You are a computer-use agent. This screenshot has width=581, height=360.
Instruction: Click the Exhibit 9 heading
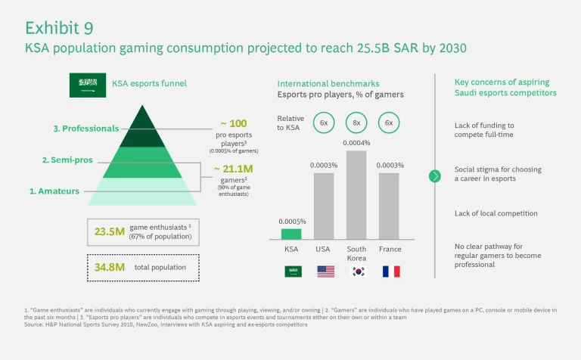point(59,28)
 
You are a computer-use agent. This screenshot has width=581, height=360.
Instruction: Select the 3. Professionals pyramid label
point(86,129)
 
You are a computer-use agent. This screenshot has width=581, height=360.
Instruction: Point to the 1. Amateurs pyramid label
point(54,191)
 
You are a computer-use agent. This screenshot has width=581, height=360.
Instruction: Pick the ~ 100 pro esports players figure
point(234,123)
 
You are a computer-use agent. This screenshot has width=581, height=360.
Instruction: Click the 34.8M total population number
point(109,266)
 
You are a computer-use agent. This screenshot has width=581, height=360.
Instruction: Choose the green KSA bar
point(291,234)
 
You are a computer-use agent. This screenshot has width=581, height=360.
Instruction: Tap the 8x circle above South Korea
point(357,123)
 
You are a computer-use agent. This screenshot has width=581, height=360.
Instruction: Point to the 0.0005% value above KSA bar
point(292,221)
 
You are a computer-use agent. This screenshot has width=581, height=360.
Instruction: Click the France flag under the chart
point(390,271)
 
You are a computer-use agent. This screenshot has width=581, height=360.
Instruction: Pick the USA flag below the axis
point(325,271)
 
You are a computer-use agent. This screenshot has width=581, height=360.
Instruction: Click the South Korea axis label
point(357,253)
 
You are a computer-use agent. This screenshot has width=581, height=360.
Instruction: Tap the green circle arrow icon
point(435,176)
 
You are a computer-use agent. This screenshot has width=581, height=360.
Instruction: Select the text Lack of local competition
point(496,213)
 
